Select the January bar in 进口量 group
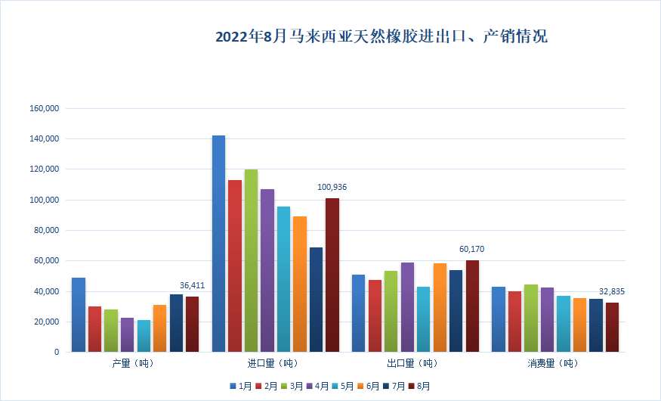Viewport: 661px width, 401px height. (x=218, y=243)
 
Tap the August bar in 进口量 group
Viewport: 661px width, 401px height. (x=332, y=274)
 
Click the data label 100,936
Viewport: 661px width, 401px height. (x=332, y=187)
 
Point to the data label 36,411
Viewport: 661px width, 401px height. (x=192, y=285)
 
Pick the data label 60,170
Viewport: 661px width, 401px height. (x=472, y=249)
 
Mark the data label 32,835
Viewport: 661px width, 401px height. (x=612, y=291)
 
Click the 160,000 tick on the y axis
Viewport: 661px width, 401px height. (x=44, y=109)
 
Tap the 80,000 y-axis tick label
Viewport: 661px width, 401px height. (x=46, y=231)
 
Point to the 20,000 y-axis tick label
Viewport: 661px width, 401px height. (x=46, y=322)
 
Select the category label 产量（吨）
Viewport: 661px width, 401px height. (x=131, y=364)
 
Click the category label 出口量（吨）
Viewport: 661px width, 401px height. (x=412, y=364)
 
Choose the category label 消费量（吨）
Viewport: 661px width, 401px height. (x=552, y=364)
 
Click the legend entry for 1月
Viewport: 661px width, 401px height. (x=242, y=386)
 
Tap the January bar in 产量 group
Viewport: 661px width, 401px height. (x=79, y=314)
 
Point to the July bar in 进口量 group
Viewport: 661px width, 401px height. (x=316, y=299)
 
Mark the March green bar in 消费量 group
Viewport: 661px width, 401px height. (x=531, y=318)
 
